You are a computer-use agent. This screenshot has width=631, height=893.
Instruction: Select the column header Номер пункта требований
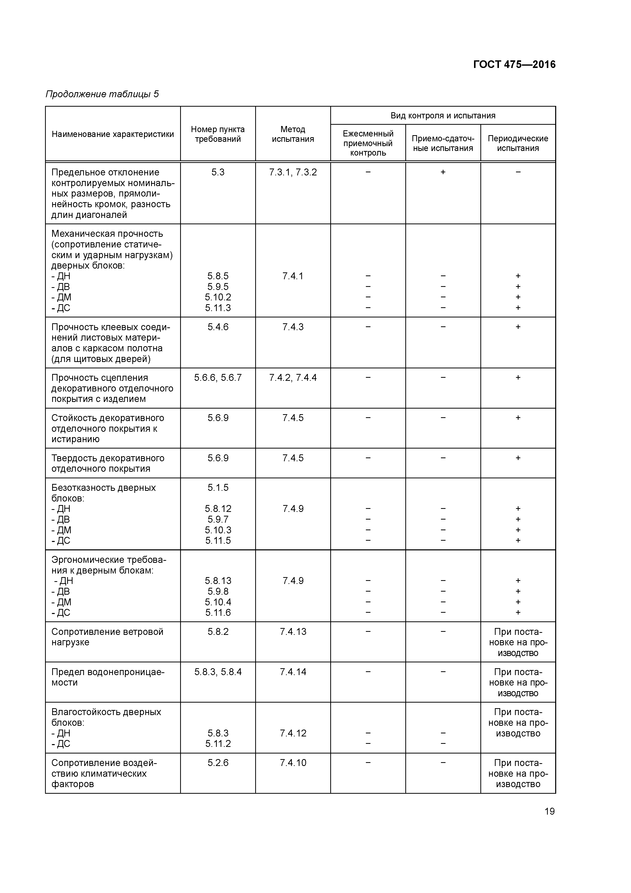(218, 134)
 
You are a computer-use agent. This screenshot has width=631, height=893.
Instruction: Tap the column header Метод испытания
(293, 134)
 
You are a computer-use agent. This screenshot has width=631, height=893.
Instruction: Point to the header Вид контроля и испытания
(443, 116)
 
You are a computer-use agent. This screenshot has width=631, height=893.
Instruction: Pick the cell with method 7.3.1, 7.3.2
(293, 172)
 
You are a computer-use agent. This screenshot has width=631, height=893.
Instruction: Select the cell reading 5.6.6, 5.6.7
(218, 378)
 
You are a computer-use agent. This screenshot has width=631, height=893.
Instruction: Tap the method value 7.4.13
(293, 632)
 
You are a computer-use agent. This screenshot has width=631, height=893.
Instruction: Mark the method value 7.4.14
(293, 672)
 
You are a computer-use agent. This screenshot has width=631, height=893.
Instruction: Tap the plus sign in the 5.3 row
(443, 172)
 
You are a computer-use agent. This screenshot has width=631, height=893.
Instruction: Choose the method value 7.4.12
(293, 733)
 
